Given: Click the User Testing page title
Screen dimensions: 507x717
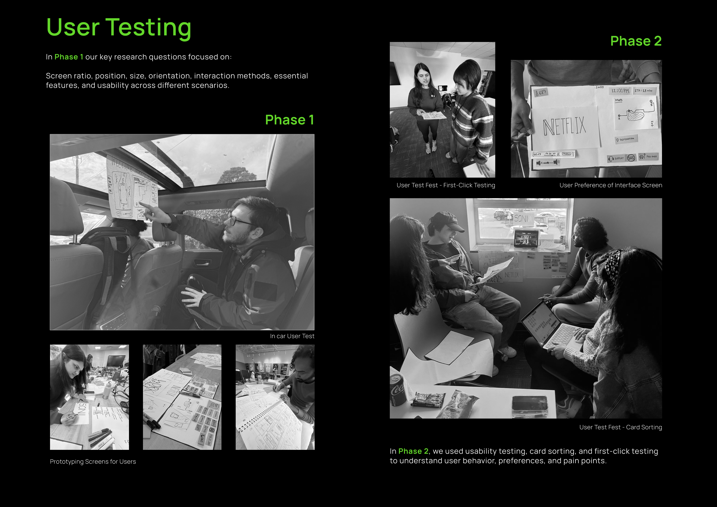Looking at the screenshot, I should click(119, 28).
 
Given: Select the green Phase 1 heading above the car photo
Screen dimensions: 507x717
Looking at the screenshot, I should click(289, 120).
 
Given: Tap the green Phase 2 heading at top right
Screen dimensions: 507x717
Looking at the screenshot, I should click(636, 41).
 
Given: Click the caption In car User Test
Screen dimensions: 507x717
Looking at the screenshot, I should click(292, 336).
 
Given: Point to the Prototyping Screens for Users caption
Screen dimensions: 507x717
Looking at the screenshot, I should click(93, 462).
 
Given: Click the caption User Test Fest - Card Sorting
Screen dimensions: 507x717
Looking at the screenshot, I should click(620, 427).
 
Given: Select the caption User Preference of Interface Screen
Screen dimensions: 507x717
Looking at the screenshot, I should click(611, 185).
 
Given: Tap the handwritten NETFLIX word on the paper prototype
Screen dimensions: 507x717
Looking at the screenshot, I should click(564, 127).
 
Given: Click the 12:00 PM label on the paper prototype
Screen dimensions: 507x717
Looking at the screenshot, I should click(620, 91).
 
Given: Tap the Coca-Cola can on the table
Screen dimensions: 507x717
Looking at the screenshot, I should click(398, 391).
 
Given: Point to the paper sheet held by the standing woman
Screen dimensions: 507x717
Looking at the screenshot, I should click(433, 115).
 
